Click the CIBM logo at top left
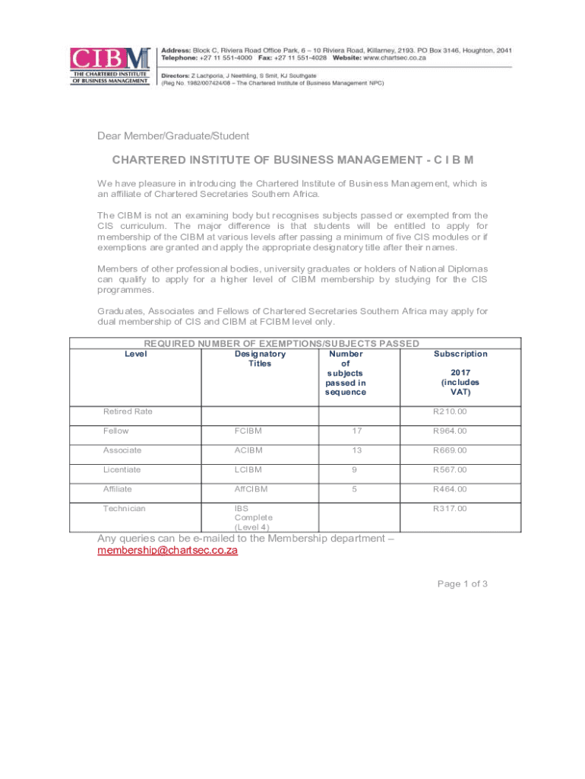click(x=109, y=67)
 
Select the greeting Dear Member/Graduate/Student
click(x=172, y=136)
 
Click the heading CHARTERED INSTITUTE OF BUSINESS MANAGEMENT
click(x=292, y=161)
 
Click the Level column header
click(x=135, y=354)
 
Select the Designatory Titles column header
click(x=260, y=358)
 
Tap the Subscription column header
click(x=460, y=354)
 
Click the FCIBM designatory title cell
click(x=249, y=431)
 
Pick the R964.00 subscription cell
click(x=451, y=431)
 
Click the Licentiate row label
click(x=122, y=469)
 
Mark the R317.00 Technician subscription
click(x=451, y=508)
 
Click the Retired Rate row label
click(x=128, y=412)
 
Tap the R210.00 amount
click(x=451, y=412)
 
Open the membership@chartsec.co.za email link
click(x=167, y=551)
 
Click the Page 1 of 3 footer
click(x=462, y=583)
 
